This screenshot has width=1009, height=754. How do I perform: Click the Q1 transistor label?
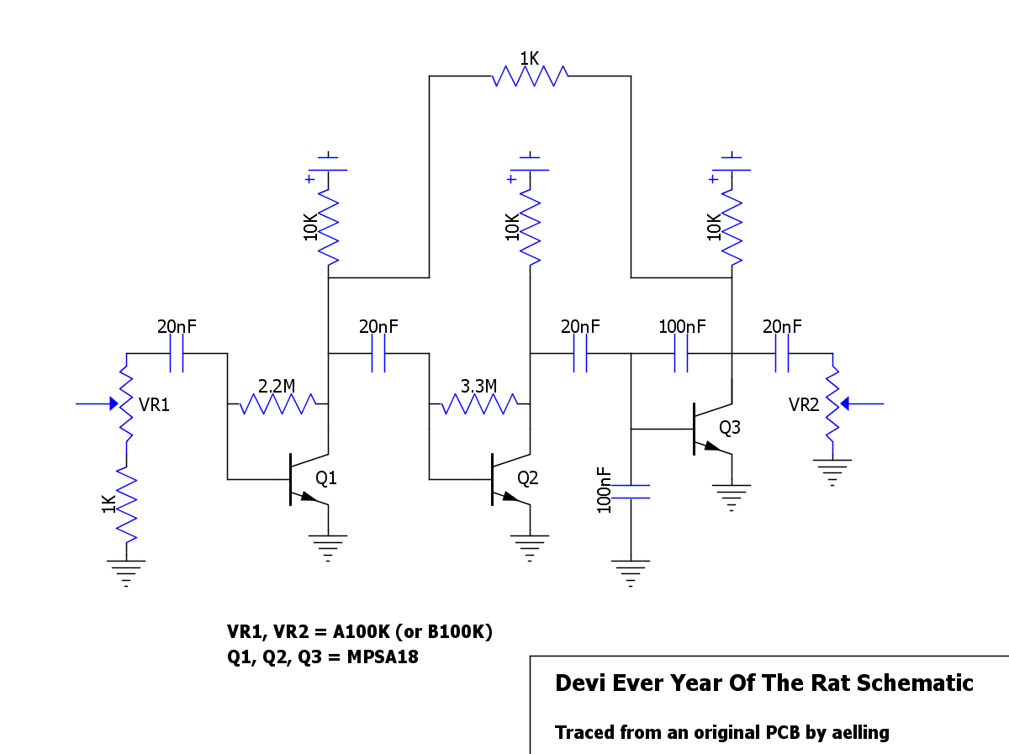325,478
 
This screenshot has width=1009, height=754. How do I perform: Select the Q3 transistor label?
730,428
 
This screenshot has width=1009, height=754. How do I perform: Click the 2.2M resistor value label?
277,386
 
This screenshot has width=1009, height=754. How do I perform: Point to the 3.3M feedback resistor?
479,404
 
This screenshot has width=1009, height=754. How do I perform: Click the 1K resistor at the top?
530,76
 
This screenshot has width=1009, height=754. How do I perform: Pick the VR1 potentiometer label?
155,405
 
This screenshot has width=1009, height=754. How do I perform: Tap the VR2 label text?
804,405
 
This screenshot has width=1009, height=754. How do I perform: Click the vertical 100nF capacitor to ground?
631,491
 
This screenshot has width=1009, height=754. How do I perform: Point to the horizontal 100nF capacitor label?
683,326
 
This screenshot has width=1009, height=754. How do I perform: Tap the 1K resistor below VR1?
126,504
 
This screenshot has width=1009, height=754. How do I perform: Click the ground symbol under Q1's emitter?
328,545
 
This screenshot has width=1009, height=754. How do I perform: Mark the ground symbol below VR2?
832,471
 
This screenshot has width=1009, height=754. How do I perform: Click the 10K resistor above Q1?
328,227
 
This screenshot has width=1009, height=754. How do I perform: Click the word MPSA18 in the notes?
383,656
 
